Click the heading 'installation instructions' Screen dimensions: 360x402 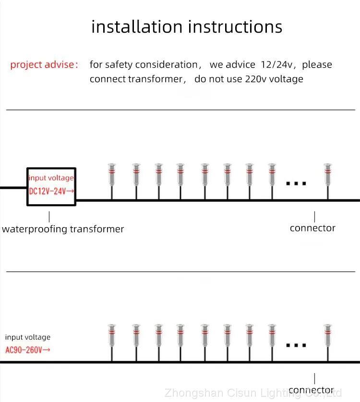click(187, 26)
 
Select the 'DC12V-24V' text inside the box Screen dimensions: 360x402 click(51, 191)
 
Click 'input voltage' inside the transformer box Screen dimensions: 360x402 click(51, 178)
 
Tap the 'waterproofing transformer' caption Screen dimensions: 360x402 click(63, 229)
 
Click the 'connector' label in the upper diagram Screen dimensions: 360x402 click(312, 228)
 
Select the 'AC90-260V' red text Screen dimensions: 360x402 click(27, 349)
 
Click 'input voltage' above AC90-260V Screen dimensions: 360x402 click(27, 337)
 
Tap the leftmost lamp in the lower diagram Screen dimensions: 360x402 click(112, 336)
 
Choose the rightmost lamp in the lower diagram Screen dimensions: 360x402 click(328, 336)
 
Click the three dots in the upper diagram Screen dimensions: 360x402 click(296, 183)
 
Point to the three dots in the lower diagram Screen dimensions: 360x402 click(296, 345)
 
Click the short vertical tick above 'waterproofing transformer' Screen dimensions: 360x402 click(49, 216)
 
